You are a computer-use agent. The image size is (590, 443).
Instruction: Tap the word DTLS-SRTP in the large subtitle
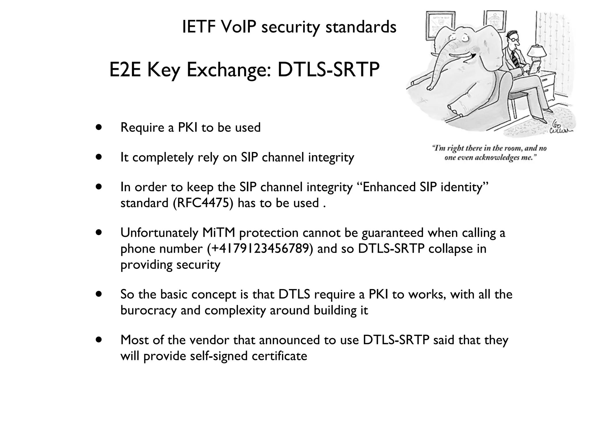coord(328,70)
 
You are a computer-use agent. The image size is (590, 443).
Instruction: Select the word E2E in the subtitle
coord(125,70)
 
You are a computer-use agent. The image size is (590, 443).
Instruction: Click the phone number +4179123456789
coord(260,249)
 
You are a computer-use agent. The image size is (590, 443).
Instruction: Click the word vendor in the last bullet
coord(209,340)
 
